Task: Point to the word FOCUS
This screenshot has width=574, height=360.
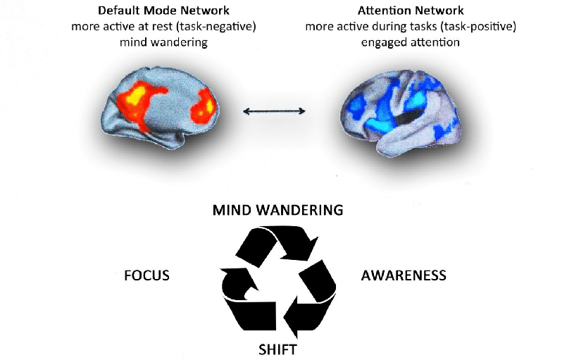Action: click(x=146, y=275)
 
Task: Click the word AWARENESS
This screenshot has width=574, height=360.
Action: click(x=404, y=275)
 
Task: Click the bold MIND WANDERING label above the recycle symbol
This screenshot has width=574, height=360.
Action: click(x=277, y=210)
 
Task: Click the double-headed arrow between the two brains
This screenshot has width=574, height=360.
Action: click(x=275, y=111)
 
